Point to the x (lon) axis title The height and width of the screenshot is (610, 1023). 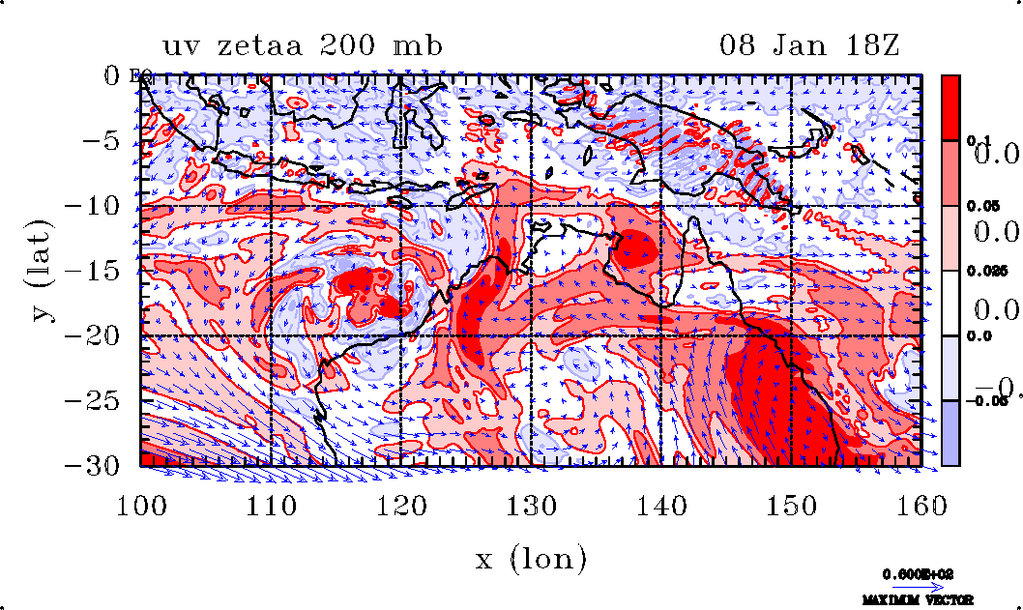pyautogui.click(x=530, y=559)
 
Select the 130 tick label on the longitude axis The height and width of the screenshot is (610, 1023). pyautogui.click(x=532, y=504)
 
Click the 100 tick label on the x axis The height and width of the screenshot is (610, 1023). pyautogui.click(x=141, y=504)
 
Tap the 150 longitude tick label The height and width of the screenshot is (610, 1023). pyautogui.click(x=792, y=504)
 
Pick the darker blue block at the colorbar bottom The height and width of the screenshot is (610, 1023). pyautogui.click(x=951, y=433)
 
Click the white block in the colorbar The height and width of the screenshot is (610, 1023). pyautogui.click(x=951, y=303)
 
